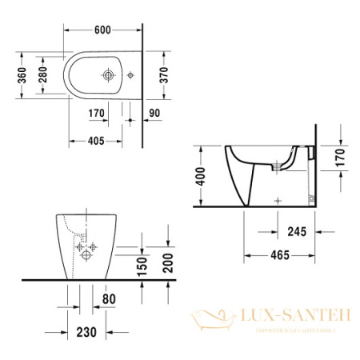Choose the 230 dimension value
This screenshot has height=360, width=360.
[x=86, y=331]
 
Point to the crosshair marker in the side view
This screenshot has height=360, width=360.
[x=277, y=198]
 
